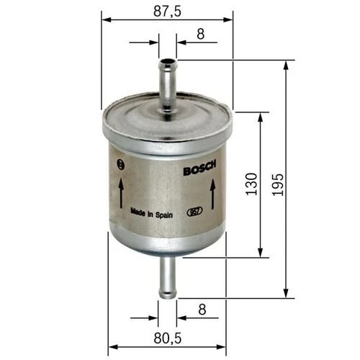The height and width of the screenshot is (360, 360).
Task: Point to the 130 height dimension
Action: [250, 185]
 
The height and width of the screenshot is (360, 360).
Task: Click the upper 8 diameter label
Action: [200, 32]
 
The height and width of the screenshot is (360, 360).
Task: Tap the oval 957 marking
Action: [193, 212]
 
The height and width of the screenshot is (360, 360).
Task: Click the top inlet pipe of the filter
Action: [167, 83]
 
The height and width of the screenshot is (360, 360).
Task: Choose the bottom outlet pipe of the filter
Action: [167, 277]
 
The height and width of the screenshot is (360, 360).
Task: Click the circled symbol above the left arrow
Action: [120, 165]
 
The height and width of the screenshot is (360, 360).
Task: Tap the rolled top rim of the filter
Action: [167, 132]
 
